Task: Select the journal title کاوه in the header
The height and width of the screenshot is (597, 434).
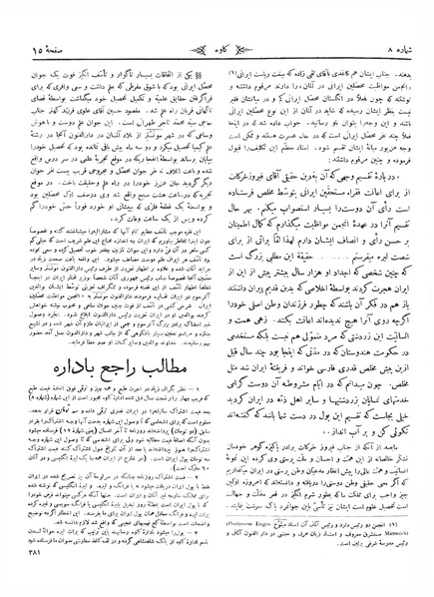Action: click(217, 19)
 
